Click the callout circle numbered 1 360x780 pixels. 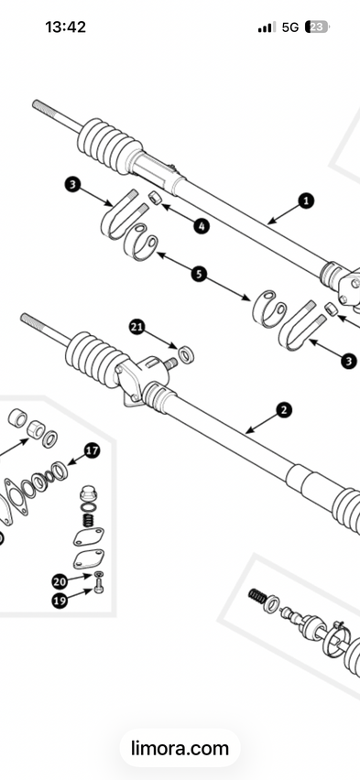(306, 201)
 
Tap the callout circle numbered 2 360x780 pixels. (284, 410)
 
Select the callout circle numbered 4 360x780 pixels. (202, 226)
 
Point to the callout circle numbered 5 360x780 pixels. (199, 274)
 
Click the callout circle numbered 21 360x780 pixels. (137, 327)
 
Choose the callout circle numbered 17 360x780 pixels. (92, 450)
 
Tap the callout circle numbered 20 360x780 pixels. (60, 581)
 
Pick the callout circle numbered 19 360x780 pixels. (60, 601)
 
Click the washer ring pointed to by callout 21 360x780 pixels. (186, 355)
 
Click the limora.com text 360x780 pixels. (180, 748)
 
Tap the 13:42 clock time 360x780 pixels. (65, 27)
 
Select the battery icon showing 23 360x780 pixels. (317, 27)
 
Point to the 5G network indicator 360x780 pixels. (290, 27)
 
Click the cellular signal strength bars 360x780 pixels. (267, 27)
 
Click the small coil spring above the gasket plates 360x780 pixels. (89, 520)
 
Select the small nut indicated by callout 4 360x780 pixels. (155, 197)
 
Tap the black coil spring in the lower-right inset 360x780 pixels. (257, 596)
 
